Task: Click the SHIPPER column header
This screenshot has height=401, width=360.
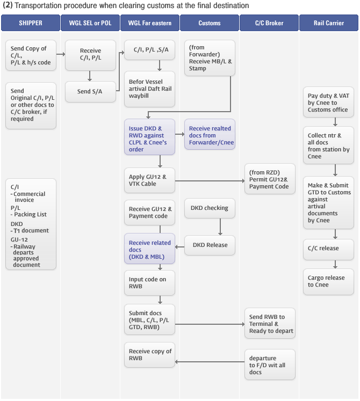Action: pyautogui.click(x=31, y=23)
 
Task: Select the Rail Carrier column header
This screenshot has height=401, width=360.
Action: pyautogui.click(x=329, y=23)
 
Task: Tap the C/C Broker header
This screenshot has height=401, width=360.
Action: pyautogui.click(x=269, y=23)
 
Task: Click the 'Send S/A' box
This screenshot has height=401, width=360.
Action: pyautogui.click(x=90, y=92)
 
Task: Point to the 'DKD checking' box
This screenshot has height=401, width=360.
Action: pyautogui.click(x=210, y=208)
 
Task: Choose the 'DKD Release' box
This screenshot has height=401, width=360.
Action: pyautogui.click(x=210, y=245)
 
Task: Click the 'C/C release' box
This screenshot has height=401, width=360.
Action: pyautogui.click(x=328, y=249)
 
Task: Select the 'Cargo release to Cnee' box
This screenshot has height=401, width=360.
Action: pyautogui.click(x=328, y=282)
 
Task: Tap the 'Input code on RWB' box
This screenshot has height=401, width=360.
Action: pyautogui.click(x=149, y=283)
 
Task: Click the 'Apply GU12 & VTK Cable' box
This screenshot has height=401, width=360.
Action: pyautogui.click(x=149, y=180)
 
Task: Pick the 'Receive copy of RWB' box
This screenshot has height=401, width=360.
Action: pyautogui.click(x=149, y=355)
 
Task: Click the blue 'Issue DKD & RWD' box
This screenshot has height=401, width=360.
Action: pyautogui.click(x=149, y=137)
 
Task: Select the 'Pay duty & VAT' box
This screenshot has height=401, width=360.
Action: pyautogui.click(x=328, y=103)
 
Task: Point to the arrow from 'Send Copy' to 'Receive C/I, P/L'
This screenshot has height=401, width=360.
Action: pyautogui.click(x=61, y=54)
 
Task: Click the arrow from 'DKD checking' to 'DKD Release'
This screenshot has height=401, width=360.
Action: pyautogui.click(x=220, y=227)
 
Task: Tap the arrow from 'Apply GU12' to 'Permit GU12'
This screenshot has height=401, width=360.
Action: pyautogui.click(x=210, y=181)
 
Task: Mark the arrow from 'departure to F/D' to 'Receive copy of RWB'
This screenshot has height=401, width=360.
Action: pyautogui.click(x=210, y=362)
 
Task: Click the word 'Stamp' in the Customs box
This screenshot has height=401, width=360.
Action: pyautogui.click(x=197, y=69)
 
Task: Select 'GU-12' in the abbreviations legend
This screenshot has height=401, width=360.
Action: pyautogui.click(x=19, y=239)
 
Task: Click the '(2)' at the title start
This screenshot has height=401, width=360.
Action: pyautogui.click(x=8, y=5)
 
